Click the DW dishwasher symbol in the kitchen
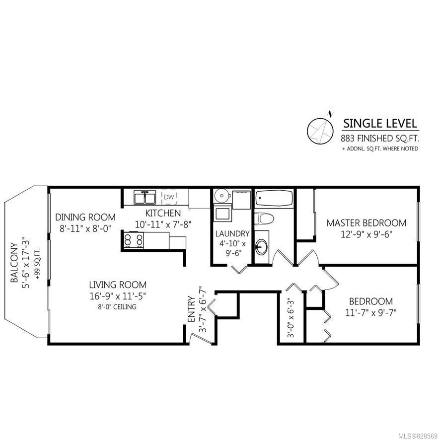coord(169,197)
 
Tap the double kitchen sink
coord(145,197)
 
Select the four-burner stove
coord(133,240)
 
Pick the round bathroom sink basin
coord(261,247)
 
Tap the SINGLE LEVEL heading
coord(380,124)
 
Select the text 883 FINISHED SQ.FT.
coord(380,139)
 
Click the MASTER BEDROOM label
coord(367,223)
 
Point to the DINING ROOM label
coord(85,217)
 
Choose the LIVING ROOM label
coord(118,285)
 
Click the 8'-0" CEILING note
coord(117,307)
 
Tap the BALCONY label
coord(14,263)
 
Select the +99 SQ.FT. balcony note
coord(37,263)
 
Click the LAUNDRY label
coord(232,233)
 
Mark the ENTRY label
coord(191,309)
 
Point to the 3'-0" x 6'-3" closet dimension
coord(291,319)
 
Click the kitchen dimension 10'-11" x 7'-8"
coord(163,224)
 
